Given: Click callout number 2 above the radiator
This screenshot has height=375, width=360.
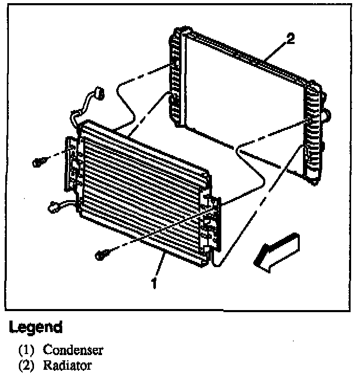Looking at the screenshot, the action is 291,38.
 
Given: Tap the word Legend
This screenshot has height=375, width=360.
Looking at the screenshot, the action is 36,328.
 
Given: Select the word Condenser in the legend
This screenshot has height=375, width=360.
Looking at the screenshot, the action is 73,349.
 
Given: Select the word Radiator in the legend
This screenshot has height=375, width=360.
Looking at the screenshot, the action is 67,365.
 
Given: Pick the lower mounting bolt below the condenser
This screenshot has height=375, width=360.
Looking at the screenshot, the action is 102,255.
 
